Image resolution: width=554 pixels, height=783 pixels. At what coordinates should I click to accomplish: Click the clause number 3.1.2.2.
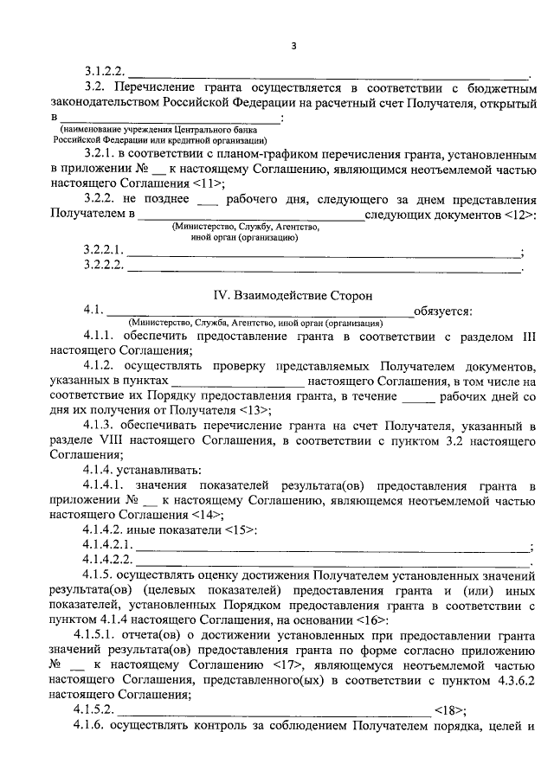coord(105,72)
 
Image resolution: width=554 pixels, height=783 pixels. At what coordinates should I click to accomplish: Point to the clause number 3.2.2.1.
coord(105,251)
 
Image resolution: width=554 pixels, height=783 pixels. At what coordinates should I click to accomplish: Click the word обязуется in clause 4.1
coord(443,311)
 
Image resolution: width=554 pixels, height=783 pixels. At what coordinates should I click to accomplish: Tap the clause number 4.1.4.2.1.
coord(108,545)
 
